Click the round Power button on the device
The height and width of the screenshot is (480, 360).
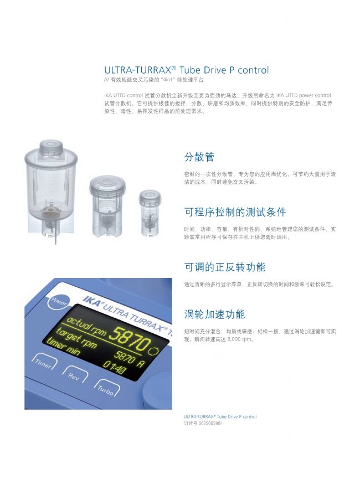(58, 301)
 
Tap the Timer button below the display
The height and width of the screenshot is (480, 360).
(44, 361)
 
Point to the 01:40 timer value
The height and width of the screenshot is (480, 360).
(115, 367)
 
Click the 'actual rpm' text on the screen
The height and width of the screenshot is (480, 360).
(86, 326)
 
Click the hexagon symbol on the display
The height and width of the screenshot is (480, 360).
(153, 351)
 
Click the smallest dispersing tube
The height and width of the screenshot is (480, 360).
(150, 213)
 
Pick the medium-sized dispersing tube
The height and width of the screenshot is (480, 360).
(107, 207)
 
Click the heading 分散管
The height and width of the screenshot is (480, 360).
(199, 157)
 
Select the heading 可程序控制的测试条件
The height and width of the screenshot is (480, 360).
(235, 212)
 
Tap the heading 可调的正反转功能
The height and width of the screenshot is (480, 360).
(225, 267)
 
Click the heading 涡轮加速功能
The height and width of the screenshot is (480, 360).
(214, 314)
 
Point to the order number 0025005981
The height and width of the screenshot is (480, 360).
(210, 424)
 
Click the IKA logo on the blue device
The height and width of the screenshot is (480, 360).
(91, 302)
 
